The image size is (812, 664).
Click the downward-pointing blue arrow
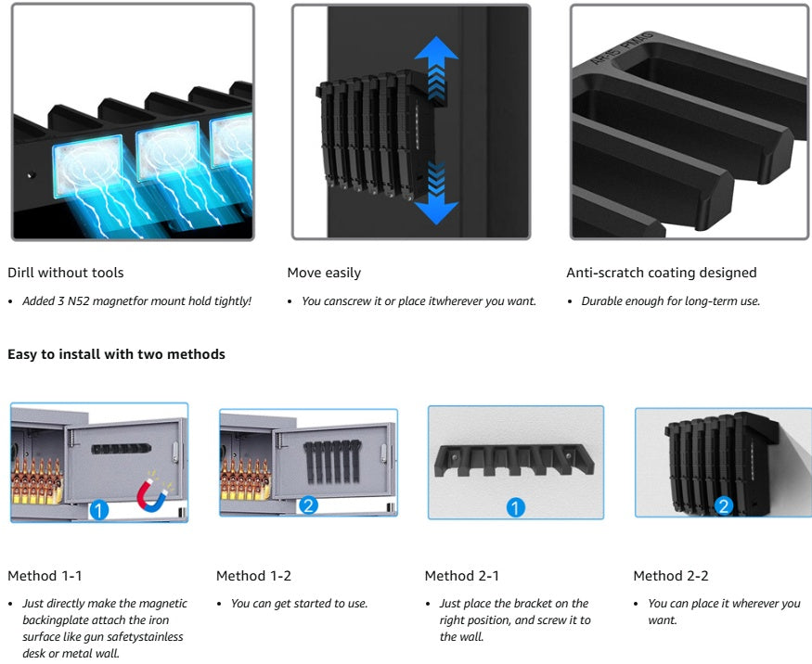(x=436, y=194)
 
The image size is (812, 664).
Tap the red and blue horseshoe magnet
(x=152, y=492)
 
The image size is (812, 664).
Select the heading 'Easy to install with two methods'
(x=117, y=354)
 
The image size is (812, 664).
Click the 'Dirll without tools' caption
(x=66, y=273)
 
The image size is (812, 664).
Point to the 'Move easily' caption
(x=324, y=273)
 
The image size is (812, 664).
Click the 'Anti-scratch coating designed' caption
(x=662, y=273)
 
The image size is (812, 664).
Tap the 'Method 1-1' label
(x=45, y=576)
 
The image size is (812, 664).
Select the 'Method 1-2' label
(x=253, y=576)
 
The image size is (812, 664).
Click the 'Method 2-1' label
(x=462, y=576)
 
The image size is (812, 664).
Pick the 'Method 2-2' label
(x=671, y=576)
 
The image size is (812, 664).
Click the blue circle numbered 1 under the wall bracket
(x=515, y=507)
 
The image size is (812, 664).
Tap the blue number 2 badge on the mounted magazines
(x=724, y=505)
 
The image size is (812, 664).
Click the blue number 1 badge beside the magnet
(x=99, y=510)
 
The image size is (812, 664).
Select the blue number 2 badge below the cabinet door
(x=309, y=505)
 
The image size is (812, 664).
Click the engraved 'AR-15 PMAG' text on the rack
(x=622, y=49)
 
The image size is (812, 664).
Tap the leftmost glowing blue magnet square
(x=88, y=167)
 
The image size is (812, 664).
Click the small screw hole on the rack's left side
(x=32, y=175)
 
